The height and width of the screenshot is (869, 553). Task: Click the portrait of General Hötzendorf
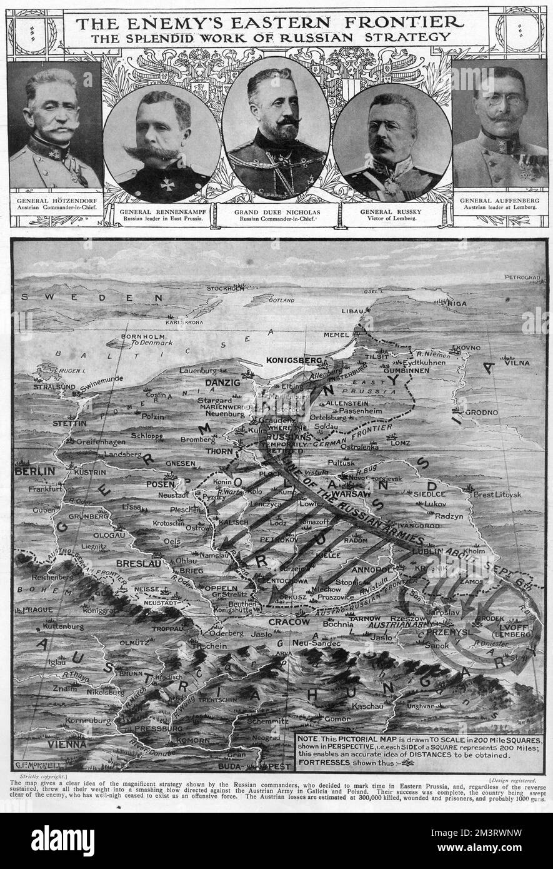tap(55, 125)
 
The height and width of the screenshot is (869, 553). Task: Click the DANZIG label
tap(220, 382)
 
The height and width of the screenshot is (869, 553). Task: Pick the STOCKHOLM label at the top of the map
tap(226, 288)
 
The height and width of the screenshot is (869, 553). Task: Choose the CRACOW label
tap(289, 622)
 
